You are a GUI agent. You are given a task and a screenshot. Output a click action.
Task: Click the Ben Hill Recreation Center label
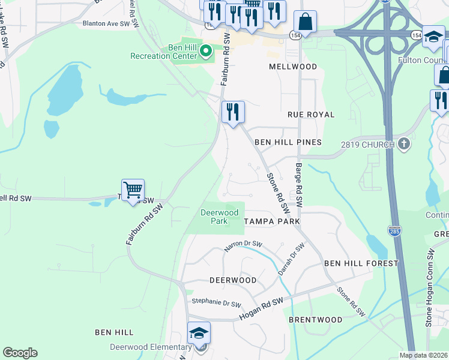point(164,52)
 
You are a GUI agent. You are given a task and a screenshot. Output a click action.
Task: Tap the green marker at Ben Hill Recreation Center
point(206,52)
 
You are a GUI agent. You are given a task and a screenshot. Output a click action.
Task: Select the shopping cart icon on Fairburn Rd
point(133,190)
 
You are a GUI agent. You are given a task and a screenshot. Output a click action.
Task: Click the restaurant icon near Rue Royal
point(233,112)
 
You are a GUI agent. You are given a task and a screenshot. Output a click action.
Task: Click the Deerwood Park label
point(219,217)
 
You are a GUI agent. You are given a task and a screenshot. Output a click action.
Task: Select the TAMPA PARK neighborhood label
point(272,221)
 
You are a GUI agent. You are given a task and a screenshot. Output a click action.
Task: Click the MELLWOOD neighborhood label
point(293,67)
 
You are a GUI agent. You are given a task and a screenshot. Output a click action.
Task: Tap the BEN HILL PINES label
point(288,142)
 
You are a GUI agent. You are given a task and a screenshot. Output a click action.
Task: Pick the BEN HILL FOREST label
point(361,263)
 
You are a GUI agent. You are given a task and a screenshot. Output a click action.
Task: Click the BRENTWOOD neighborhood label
point(316,320)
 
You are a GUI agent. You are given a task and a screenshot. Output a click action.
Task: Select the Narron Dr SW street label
point(244,244)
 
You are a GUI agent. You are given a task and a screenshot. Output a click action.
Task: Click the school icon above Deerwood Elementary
point(199,333)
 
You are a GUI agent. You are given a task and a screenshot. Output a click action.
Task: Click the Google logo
point(20,353)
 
